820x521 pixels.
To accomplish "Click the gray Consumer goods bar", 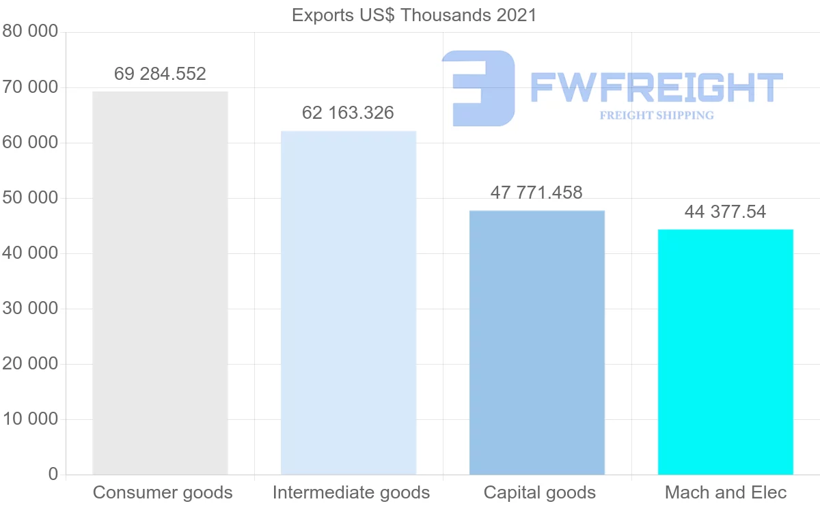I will pyautogui.click(x=160, y=283).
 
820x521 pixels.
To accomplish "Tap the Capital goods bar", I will pyautogui.click(x=537, y=342).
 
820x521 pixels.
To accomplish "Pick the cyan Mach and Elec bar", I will pyautogui.click(x=726, y=352).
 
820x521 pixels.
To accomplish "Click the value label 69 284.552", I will pyautogui.click(x=160, y=74).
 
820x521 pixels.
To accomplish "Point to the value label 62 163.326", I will pyautogui.click(x=348, y=113).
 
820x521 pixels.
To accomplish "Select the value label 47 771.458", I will pyautogui.click(x=536, y=193).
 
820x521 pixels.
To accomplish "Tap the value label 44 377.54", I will pyautogui.click(x=725, y=212).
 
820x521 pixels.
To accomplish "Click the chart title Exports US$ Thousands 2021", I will pyautogui.click(x=414, y=15).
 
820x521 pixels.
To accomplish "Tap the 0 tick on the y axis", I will pyautogui.click(x=53, y=475).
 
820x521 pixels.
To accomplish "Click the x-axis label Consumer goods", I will pyautogui.click(x=163, y=492).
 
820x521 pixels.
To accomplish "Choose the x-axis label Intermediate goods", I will pyautogui.click(x=351, y=492).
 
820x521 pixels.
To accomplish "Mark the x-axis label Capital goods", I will pyautogui.click(x=540, y=492).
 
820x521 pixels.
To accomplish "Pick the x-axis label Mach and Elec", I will pyautogui.click(x=726, y=492).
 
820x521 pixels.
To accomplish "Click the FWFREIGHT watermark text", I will pyautogui.click(x=657, y=87).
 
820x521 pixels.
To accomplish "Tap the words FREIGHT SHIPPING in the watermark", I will pyautogui.click(x=657, y=115).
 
